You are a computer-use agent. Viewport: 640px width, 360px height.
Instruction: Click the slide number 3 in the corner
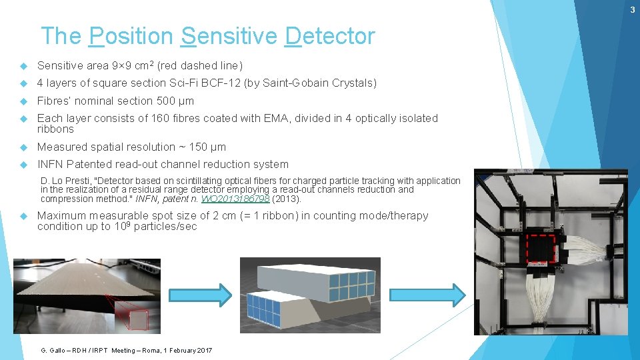[633, 9]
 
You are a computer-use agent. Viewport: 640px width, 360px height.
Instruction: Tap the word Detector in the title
[329, 36]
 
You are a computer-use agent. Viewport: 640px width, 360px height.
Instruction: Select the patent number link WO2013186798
[237, 199]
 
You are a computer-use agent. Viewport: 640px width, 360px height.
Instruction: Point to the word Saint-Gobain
[291, 83]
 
